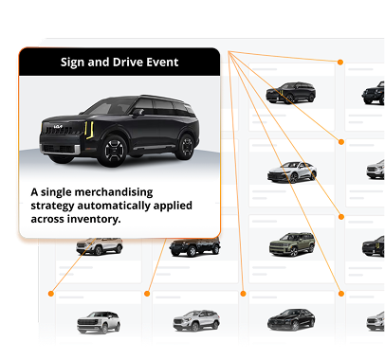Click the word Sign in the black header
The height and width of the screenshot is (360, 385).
tap(73, 63)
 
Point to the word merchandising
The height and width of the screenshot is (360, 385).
tap(114, 192)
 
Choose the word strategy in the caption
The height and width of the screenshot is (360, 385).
tap(52, 207)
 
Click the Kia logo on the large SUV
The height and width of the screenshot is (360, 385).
tap(58, 127)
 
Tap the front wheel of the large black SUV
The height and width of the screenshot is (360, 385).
tap(114, 151)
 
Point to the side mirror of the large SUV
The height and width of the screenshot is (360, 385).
tap(138, 112)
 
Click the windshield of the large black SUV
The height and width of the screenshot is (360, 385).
tap(110, 107)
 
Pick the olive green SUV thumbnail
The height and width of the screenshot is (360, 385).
tap(292, 244)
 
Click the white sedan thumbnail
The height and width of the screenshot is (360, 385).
tap(292, 172)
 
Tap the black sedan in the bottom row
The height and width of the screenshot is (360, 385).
tap(291, 319)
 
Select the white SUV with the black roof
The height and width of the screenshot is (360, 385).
tap(99, 322)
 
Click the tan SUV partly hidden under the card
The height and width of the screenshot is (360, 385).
tap(100, 246)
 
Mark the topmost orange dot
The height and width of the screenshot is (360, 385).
tap(340, 63)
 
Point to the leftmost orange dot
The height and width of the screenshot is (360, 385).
tap(51, 294)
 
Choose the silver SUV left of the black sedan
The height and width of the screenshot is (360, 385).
tap(196, 321)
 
